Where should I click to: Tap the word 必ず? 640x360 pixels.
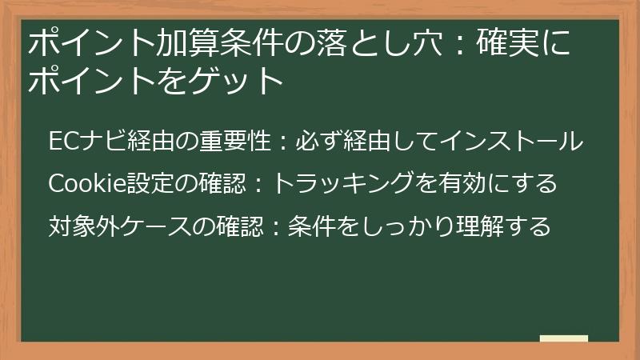tap(313, 142)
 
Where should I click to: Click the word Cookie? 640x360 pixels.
tap(80, 184)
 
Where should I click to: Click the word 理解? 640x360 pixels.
tap(488, 226)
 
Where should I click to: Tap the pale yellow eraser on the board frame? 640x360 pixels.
tap(564, 338)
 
